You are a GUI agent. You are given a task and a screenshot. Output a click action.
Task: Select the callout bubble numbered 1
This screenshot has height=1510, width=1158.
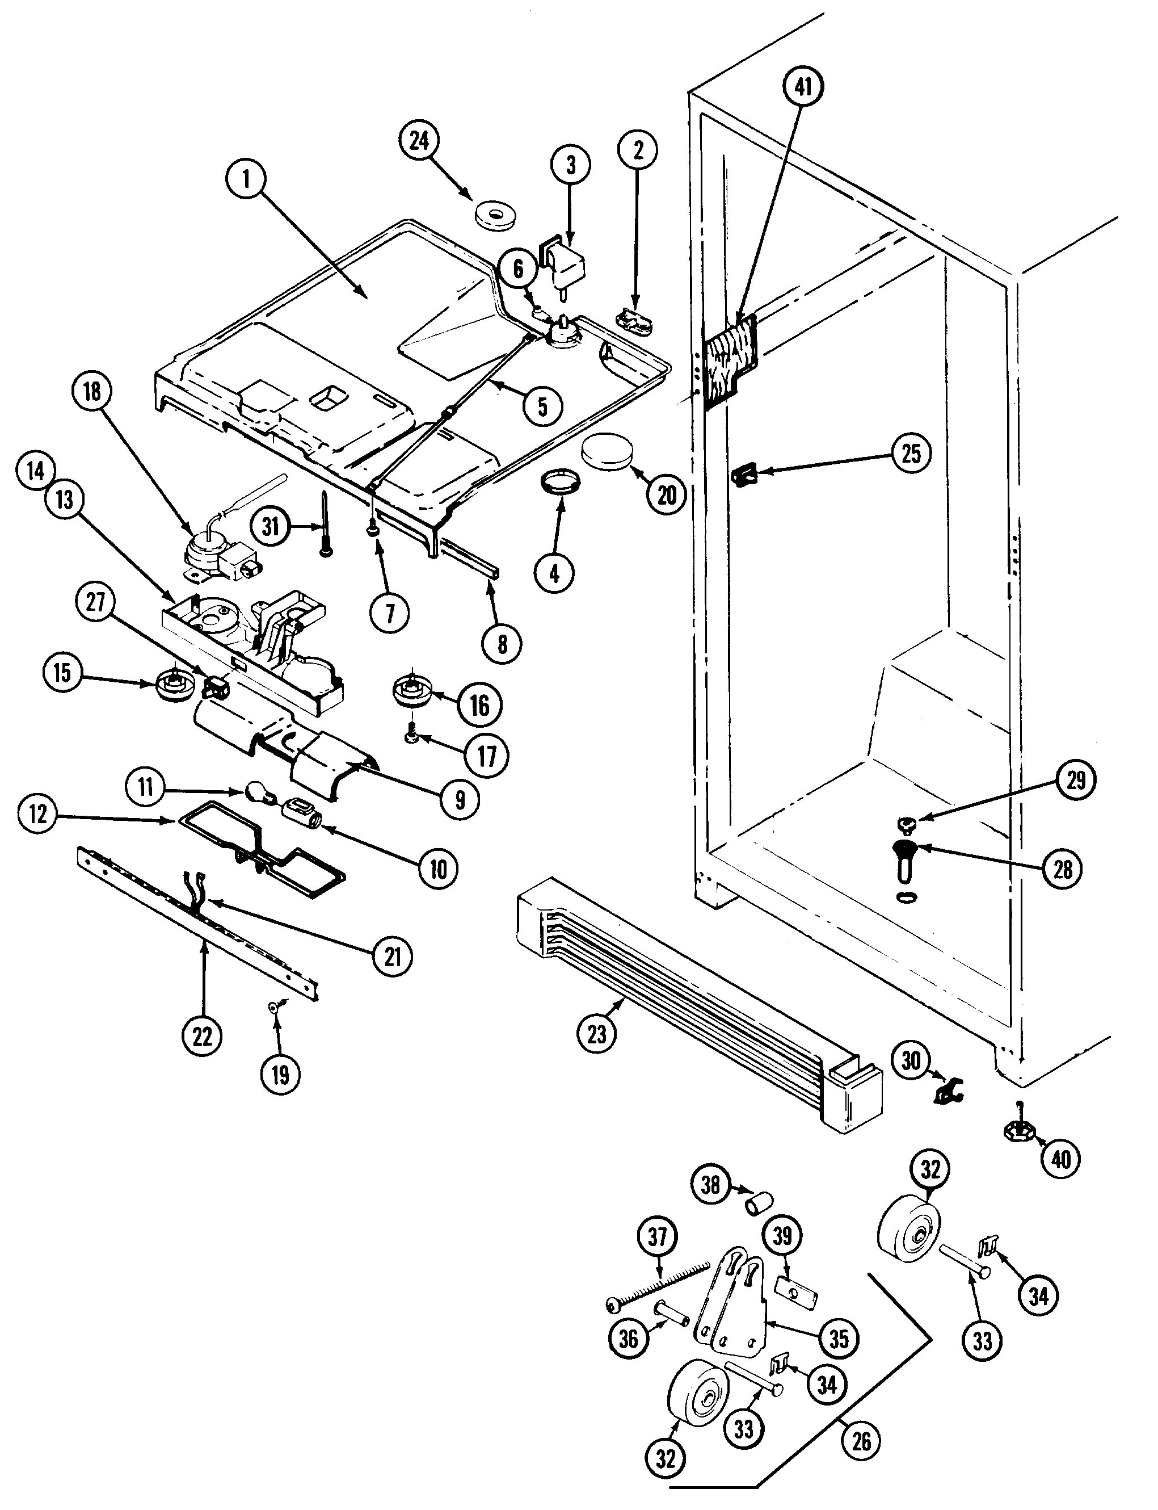(245, 180)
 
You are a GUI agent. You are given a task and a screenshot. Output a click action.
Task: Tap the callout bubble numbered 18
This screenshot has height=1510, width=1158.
(92, 392)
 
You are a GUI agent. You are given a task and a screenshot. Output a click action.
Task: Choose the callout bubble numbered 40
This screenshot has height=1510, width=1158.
(1061, 1160)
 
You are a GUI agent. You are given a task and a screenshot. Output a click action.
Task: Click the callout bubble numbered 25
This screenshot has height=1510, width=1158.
(911, 454)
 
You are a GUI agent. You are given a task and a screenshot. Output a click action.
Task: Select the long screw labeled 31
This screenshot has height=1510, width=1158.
(325, 523)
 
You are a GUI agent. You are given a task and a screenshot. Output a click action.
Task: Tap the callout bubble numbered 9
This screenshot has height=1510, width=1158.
(460, 800)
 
